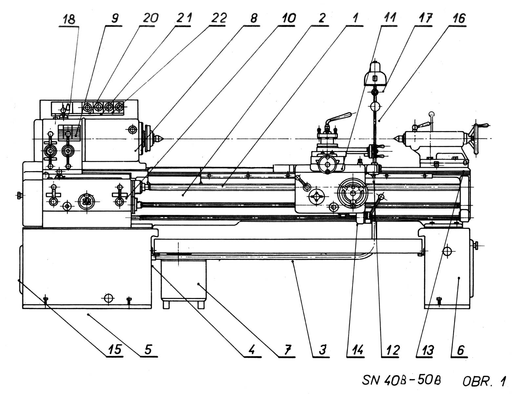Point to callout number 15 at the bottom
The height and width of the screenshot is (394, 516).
coord(114,350)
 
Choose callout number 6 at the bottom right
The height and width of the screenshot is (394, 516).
coord(460,350)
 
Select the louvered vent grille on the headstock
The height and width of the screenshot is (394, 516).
coord(69,132)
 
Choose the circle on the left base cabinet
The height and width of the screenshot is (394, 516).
coord(108,298)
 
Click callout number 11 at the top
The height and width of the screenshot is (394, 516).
coord(390,18)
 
